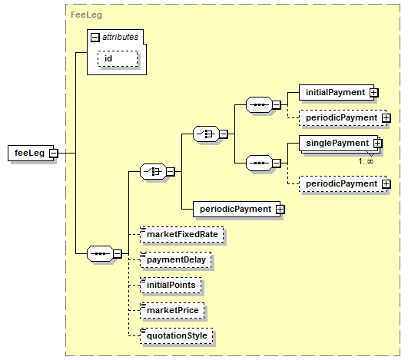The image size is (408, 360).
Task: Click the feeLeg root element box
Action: click(x=31, y=153)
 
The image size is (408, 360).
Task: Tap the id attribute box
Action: click(x=118, y=59)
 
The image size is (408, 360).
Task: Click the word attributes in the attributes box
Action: click(x=120, y=37)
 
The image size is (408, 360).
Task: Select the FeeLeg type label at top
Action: click(x=86, y=15)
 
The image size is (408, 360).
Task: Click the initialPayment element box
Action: click(x=337, y=92)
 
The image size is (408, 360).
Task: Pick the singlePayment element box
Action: click(x=338, y=143)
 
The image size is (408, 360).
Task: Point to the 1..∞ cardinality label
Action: click(x=366, y=162)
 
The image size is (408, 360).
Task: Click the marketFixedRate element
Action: click(x=181, y=234)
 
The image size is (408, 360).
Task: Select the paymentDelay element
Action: click(x=176, y=259)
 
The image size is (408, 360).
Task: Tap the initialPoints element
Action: click(x=171, y=285)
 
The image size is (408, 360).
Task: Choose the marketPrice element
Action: click(x=172, y=310)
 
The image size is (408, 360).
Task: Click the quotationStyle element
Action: click(x=177, y=336)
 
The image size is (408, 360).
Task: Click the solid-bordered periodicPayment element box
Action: click(x=237, y=209)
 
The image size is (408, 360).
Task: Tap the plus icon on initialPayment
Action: click(x=374, y=93)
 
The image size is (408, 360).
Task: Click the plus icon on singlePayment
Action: click(x=377, y=144)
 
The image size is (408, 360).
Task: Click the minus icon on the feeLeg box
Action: click(x=54, y=153)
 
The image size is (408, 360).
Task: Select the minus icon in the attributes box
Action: click(x=95, y=38)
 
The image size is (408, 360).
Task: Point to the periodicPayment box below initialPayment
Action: click(x=343, y=117)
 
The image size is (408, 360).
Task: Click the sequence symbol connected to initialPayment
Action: click(x=259, y=104)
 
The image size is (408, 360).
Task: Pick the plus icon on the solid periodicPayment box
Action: click(x=280, y=210)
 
